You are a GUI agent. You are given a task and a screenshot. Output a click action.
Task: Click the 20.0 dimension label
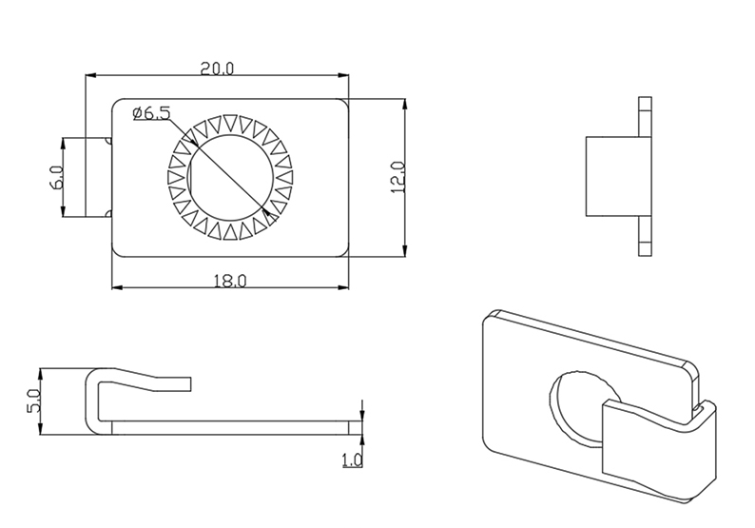(x=217, y=68)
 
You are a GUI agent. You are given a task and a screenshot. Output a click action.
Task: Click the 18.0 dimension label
(x=230, y=281)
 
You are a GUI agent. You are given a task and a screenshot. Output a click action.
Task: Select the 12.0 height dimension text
(x=398, y=178)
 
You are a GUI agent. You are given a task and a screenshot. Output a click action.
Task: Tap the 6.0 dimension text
(x=57, y=177)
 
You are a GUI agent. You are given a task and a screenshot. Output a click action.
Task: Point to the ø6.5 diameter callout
(x=152, y=113)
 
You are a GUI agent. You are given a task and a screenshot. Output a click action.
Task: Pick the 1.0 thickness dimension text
(x=352, y=460)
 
